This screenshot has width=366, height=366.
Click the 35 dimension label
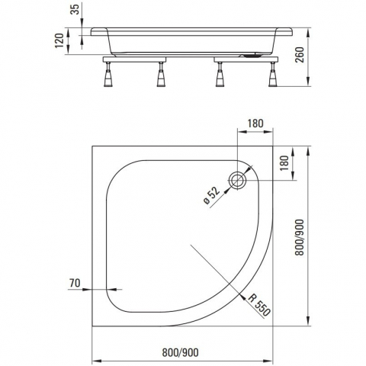76,9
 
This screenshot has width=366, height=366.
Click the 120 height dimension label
59,40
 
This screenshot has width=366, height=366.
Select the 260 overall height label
300,55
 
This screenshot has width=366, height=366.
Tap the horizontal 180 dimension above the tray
255,124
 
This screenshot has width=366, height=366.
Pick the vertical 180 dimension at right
285,163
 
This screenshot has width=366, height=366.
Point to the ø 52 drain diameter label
211,195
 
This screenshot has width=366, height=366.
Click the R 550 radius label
259,305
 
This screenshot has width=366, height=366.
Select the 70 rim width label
75,283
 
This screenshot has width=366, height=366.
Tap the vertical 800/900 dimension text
300,237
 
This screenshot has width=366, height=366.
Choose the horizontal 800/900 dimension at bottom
181,352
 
